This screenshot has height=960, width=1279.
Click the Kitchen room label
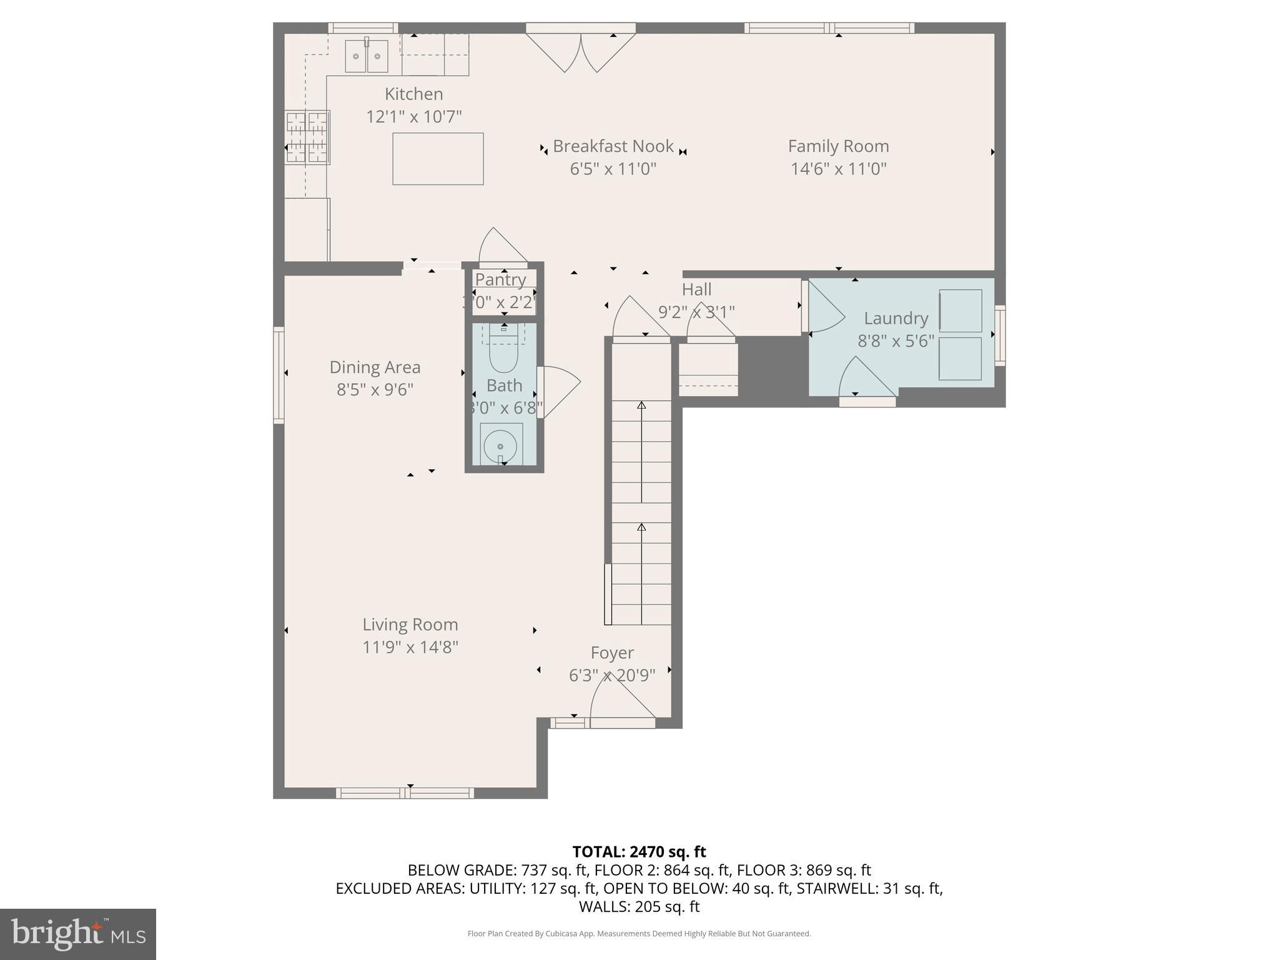point(413,94)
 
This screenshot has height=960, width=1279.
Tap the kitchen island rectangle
point(438,159)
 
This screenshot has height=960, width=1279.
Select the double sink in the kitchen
point(367,56)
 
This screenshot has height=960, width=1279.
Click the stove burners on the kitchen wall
point(307,137)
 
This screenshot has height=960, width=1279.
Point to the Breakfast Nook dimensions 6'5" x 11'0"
point(613,169)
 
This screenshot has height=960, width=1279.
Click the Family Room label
point(838,146)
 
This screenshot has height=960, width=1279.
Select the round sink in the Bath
point(500,446)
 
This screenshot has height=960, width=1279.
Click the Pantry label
point(500,279)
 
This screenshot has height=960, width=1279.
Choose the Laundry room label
point(896,318)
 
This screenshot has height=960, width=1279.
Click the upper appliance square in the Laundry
point(960,311)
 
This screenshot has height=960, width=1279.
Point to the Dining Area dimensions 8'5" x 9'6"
point(375,390)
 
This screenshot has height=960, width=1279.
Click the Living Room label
point(410,624)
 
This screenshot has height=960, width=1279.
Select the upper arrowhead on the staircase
point(641,406)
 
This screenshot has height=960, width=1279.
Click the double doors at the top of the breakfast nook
point(581,51)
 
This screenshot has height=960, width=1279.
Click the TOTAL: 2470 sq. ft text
point(639,852)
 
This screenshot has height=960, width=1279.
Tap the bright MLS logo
point(78,934)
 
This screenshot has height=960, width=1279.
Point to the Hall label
point(696,289)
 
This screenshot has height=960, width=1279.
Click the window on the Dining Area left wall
point(279,375)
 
